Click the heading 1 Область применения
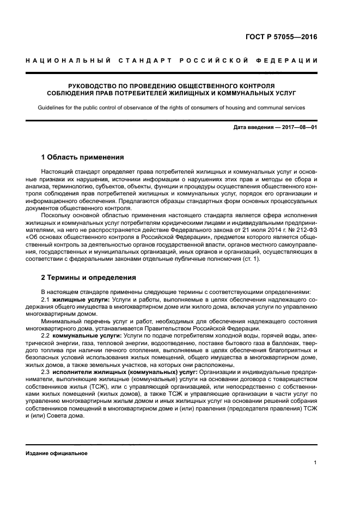83,157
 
